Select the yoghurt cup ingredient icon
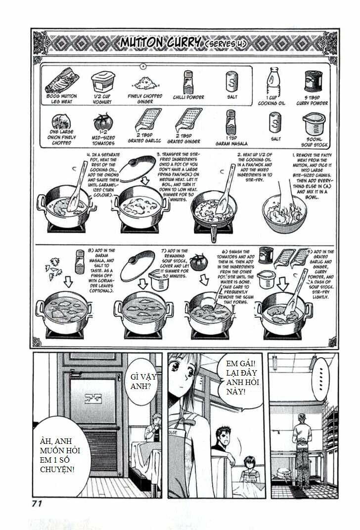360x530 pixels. click(102, 81)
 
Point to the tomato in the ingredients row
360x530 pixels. click(103, 122)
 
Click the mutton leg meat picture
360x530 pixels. click(61, 81)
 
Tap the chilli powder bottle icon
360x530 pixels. click(188, 81)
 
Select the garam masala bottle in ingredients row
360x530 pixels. click(229, 122)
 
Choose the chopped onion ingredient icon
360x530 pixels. click(61, 123)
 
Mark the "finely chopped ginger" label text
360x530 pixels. click(147, 99)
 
